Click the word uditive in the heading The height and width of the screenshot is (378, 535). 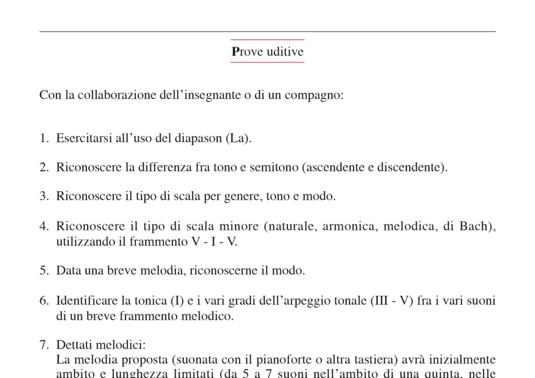coord(285,52)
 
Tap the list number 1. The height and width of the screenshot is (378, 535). coord(44,139)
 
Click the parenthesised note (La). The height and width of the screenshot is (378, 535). coord(238,139)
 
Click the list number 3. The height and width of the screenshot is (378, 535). coord(44,197)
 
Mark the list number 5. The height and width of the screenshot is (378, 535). coord(44,271)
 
